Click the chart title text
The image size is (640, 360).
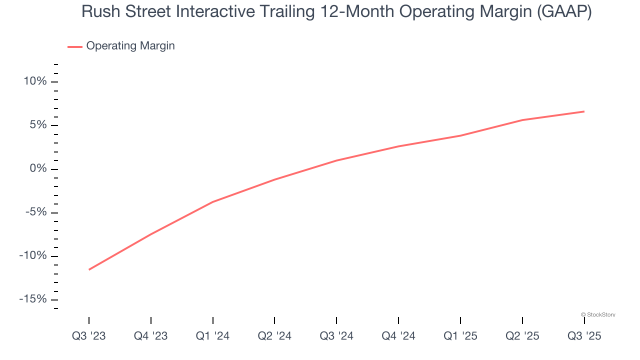pyautogui.click(x=336, y=12)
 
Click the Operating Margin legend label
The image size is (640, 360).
pyautogui.click(x=130, y=46)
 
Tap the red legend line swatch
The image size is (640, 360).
pyautogui.click(x=75, y=46)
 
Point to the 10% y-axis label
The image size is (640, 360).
pyautogui.click(x=35, y=81)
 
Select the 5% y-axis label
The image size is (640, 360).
pyautogui.click(x=38, y=125)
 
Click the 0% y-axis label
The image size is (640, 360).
pyautogui.click(x=38, y=168)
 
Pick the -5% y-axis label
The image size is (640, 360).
pyautogui.click(x=36, y=212)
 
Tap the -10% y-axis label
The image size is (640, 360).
pyautogui.click(x=33, y=255)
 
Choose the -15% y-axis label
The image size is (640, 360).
pyautogui.click(x=33, y=299)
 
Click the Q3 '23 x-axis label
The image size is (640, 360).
pyautogui.click(x=89, y=336)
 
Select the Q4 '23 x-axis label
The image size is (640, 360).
pyautogui.click(x=151, y=336)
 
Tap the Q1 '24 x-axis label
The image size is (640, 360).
pyautogui.click(x=213, y=336)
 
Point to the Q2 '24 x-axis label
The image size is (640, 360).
pyautogui.click(x=274, y=336)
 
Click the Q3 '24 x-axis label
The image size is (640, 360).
pyautogui.click(x=336, y=336)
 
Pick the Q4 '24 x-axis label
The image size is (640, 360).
pyautogui.click(x=398, y=336)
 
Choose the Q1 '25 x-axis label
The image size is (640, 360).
pyautogui.click(x=460, y=336)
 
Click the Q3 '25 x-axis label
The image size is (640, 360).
pyautogui.click(x=584, y=336)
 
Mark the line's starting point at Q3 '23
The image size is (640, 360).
pyautogui.click(x=89, y=269)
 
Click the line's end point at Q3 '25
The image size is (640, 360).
pyautogui.click(x=584, y=111)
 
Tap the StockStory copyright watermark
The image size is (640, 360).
pyautogui.click(x=598, y=314)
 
